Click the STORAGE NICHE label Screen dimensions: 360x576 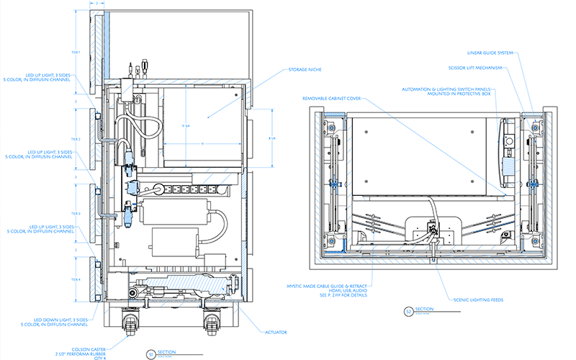tap(305, 70)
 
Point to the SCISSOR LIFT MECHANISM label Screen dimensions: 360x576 tap(477, 68)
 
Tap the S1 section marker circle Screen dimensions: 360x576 tap(150, 354)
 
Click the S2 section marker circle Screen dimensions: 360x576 tap(408, 312)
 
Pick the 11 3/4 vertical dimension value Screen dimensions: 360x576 tap(185, 127)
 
